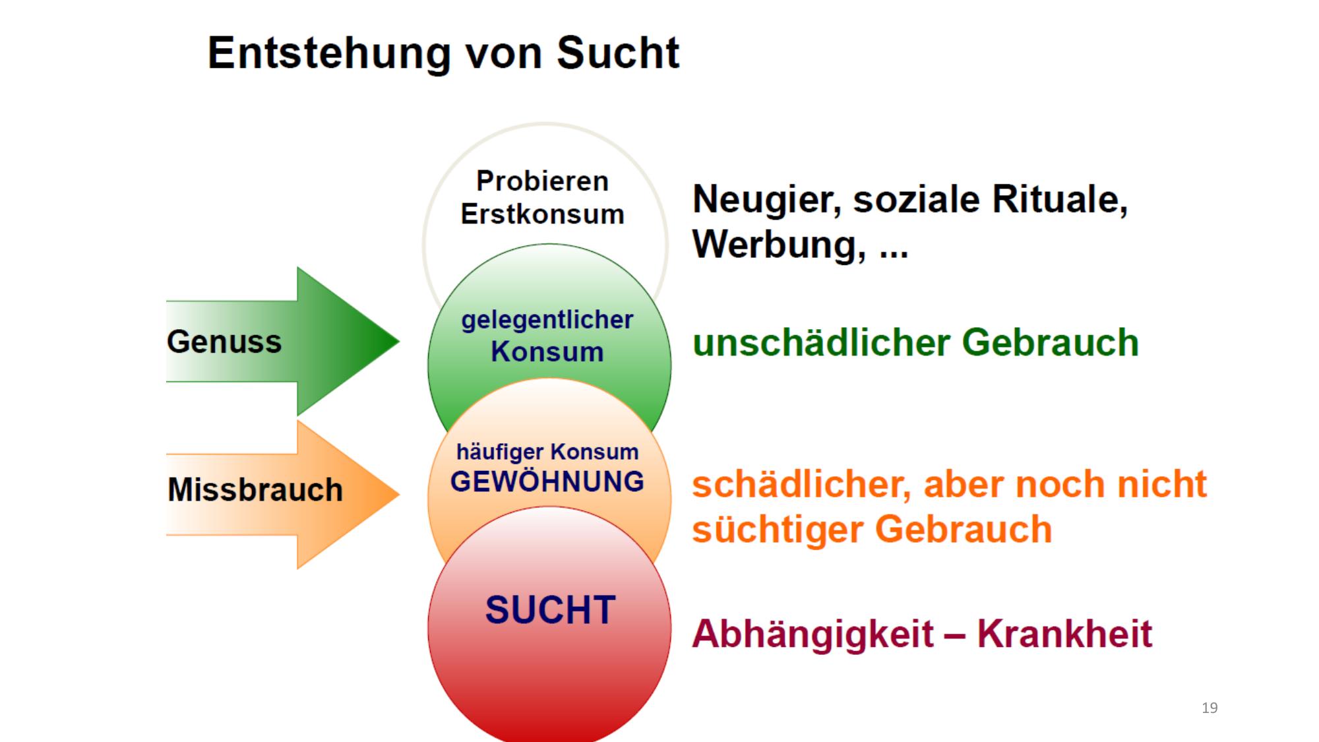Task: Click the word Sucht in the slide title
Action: point(618,53)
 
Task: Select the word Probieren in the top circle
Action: point(542,181)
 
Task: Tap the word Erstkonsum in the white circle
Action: point(542,214)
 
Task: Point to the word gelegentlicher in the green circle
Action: point(547,320)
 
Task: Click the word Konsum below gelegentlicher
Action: point(547,352)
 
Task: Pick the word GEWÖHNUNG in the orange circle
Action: point(547,481)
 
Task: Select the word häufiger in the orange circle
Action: point(500,452)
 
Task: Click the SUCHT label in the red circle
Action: point(550,609)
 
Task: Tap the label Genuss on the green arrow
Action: point(224,342)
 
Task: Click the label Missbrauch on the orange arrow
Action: point(255,489)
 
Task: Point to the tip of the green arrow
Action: point(400,341)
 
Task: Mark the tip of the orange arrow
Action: point(400,494)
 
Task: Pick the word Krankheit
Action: point(1064,634)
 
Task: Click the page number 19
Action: point(1210,708)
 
